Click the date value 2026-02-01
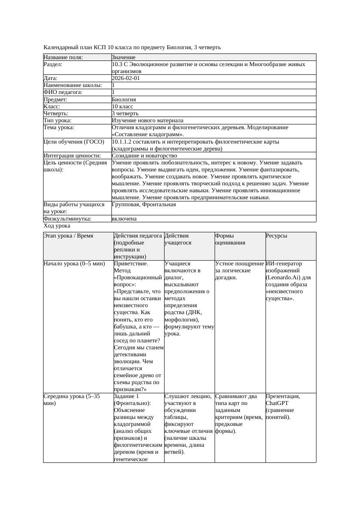[x=126, y=78]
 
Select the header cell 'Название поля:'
[x=63, y=57]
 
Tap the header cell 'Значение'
[x=123, y=57]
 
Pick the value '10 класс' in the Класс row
[x=122, y=106]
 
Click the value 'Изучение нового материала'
[x=148, y=120]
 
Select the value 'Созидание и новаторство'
[x=144, y=155]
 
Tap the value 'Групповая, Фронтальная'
[x=144, y=204]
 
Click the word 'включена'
[x=124, y=219]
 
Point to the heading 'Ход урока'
[x=57, y=226]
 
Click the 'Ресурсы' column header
[x=276, y=236]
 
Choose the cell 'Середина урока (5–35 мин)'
[x=71, y=400]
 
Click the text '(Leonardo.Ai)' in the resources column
[x=283, y=278]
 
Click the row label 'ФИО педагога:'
[x=63, y=92]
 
